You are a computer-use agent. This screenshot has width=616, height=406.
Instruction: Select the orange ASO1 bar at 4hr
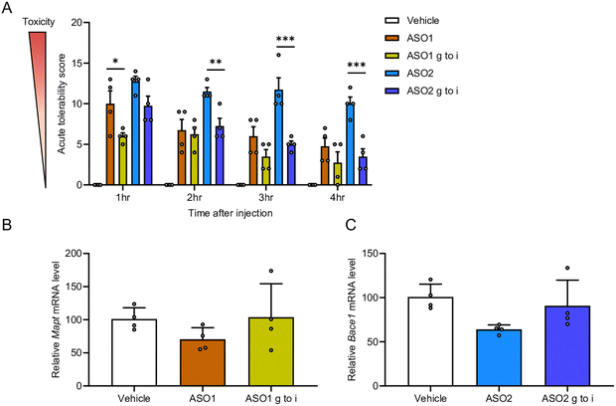(325, 166)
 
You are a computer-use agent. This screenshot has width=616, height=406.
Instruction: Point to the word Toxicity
(23, 17)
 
